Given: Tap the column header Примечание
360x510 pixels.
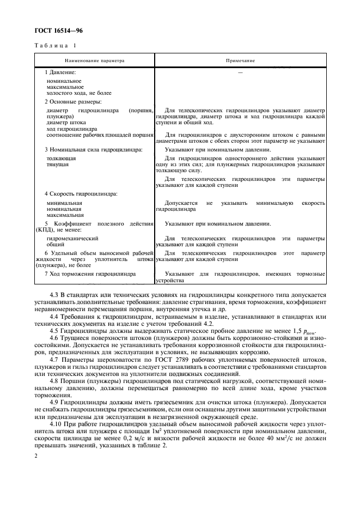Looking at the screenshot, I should [240, 60].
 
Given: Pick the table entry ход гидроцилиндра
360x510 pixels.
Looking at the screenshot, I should [68, 129].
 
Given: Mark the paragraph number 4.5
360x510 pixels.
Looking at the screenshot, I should [55, 331].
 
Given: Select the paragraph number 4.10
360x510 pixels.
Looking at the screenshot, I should [57, 423].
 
